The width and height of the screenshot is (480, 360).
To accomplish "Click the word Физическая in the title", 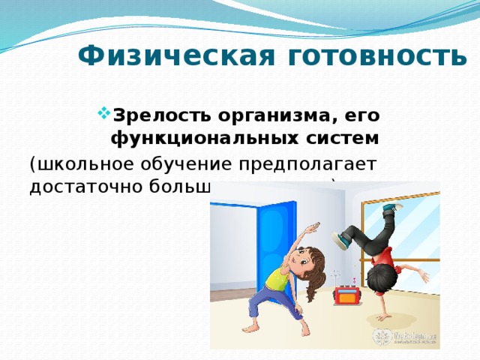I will pyautogui.click(x=155, y=57).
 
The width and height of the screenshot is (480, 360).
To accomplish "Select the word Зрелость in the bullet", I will pyautogui.click(x=150, y=117).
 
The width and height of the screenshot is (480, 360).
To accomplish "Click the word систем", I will pyautogui.click(x=330, y=139).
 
